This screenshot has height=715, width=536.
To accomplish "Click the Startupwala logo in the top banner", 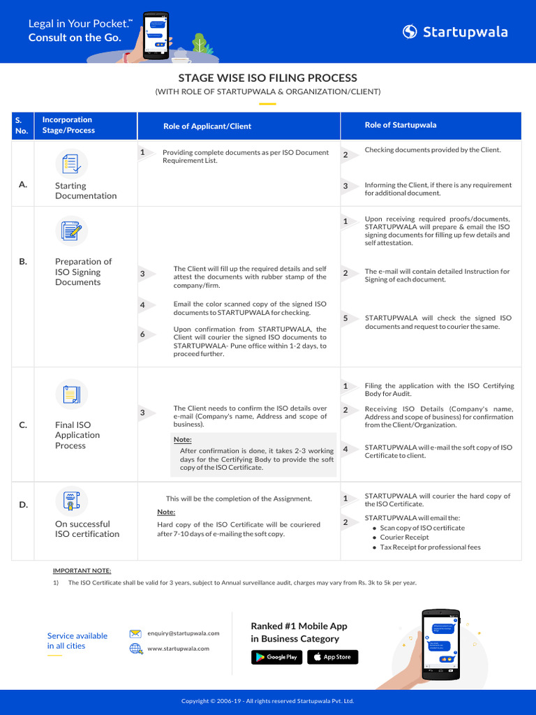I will (x=455, y=31).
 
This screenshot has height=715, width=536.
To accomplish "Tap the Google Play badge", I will (x=276, y=657).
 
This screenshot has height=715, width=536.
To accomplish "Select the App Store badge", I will (x=332, y=657).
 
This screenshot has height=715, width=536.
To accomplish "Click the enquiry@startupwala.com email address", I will (x=184, y=633).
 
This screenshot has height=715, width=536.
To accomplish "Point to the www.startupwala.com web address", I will (x=179, y=649).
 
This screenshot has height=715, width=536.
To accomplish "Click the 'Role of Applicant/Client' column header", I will (x=207, y=126).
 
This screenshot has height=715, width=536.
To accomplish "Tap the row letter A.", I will (x=23, y=184).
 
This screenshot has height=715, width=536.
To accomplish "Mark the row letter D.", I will (x=23, y=504).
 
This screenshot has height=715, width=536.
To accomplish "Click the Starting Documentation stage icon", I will (x=71, y=163).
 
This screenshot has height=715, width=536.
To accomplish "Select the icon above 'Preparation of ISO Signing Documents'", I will (x=71, y=232).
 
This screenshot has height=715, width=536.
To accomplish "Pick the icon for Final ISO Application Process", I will (x=71, y=395).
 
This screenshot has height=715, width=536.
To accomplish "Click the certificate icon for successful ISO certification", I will (x=71, y=501).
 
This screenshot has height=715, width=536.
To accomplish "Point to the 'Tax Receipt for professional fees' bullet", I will (x=430, y=547).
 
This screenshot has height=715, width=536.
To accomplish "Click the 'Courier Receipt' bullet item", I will (x=404, y=538).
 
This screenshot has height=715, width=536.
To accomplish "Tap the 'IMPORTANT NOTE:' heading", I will (x=82, y=570).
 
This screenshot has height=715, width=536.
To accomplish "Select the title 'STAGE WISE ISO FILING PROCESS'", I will (x=268, y=78).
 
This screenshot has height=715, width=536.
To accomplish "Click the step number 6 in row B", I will (x=142, y=334).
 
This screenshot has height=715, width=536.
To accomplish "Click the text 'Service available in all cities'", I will (x=77, y=640).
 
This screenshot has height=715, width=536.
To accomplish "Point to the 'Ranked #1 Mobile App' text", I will (x=299, y=626).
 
